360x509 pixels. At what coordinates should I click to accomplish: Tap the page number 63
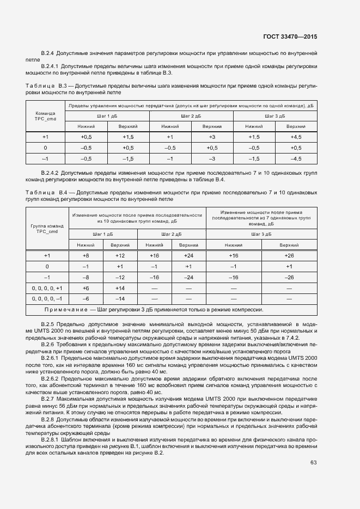click(x=314, y=463)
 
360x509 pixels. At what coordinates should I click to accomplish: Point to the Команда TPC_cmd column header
click(x=45, y=115)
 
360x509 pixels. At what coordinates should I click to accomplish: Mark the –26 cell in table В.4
click(x=289, y=277)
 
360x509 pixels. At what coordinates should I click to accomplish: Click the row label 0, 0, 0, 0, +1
click(x=47, y=288)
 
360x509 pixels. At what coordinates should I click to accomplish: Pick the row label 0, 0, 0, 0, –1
click(x=47, y=299)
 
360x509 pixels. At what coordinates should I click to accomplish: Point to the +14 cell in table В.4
click(x=120, y=288)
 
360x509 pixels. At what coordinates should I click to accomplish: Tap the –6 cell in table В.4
click(x=86, y=299)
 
